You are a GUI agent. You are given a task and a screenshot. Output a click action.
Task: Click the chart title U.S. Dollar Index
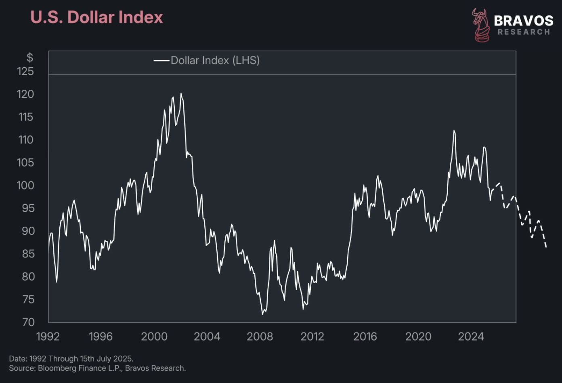pos(96,17)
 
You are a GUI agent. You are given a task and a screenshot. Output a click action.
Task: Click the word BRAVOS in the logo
pos(524,21)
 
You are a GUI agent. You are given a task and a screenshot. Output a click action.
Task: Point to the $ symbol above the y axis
pos(29,58)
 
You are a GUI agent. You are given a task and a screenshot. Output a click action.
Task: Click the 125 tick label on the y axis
pos(25,72)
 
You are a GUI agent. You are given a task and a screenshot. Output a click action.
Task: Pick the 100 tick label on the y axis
pos(25,185)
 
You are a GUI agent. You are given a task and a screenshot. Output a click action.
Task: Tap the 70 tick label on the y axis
pos(28,322)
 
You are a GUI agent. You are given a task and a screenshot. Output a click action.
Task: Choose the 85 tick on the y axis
pos(28,254)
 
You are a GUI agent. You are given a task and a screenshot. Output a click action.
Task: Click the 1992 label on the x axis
pos(48,337)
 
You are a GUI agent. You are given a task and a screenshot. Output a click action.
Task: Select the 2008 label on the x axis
pos(260,337)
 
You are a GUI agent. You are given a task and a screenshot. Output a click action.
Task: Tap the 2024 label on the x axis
pos(471,337)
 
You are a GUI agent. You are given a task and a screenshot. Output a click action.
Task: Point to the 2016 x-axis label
pos(365,337)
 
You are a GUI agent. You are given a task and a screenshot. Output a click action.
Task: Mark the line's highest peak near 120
pos(181,94)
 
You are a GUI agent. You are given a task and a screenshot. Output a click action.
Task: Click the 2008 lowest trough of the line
pos(262,314)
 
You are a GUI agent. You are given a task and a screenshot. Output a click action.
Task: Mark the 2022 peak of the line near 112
pos(454,131)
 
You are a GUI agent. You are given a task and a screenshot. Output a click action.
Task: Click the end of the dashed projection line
pos(546,247)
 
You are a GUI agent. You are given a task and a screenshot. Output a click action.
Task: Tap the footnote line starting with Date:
pos(71,359)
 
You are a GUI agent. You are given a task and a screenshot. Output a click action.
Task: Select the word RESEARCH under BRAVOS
pos(524,32)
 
